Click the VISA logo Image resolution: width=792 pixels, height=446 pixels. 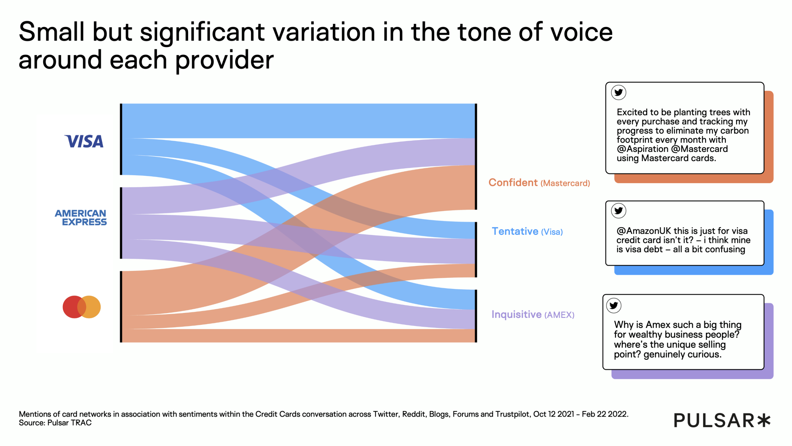(x=84, y=142)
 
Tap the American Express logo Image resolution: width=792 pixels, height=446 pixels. (x=81, y=218)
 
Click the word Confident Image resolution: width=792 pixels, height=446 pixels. (x=513, y=183)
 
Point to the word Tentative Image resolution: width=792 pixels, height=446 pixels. (x=515, y=231)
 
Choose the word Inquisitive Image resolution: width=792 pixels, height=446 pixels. (x=516, y=315)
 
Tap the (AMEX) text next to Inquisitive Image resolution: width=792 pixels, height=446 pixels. (x=559, y=315)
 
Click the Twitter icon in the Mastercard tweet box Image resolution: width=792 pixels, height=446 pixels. (x=618, y=92)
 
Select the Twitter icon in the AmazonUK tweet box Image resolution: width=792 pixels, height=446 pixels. (x=618, y=211)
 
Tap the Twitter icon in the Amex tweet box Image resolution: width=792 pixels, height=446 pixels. (x=614, y=306)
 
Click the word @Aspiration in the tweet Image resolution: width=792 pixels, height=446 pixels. (x=643, y=149)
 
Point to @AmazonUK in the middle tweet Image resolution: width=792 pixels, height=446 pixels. (x=643, y=231)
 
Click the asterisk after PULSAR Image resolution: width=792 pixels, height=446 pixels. (x=764, y=420)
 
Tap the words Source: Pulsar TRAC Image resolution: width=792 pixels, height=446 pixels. (x=55, y=423)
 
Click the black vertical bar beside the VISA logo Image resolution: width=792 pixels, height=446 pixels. (x=121, y=139)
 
